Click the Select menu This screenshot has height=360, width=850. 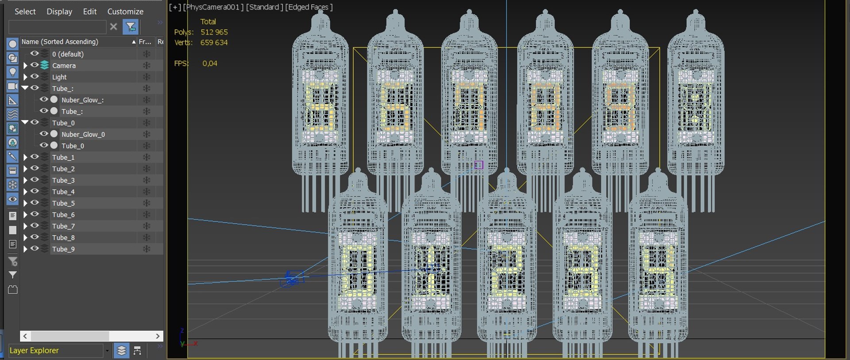pos(25,12)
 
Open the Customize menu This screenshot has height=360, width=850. pos(125,12)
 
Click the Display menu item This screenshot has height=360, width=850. pos(59,12)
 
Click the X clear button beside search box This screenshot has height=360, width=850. pos(114,27)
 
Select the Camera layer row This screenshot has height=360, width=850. pos(64,66)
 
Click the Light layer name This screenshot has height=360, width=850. pos(59,77)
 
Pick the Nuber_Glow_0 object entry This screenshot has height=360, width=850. pos(83,134)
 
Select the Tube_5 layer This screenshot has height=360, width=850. pos(63,203)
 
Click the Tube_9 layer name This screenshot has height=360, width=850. pos(63,249)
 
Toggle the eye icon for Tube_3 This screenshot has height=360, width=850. pos(35,180)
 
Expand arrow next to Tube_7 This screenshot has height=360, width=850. pos(25,226)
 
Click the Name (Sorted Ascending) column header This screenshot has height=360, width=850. pos(60,42)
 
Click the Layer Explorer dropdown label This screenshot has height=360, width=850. pos(34,350)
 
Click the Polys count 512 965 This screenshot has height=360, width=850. pos(214,32)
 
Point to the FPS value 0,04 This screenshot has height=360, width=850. pos(210,63)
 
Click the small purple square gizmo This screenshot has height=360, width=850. pos(479,165)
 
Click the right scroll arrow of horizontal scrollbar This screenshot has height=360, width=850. pos(158,336)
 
